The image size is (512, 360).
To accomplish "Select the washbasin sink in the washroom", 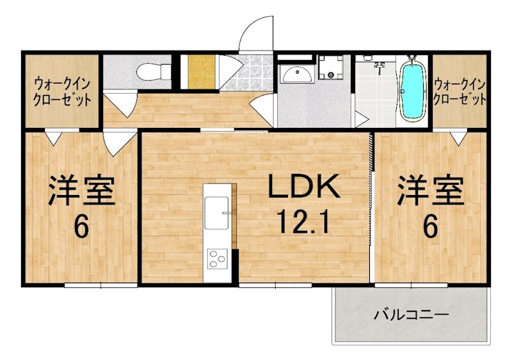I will (x=297, y=74).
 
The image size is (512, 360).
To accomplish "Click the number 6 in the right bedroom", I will (x=429, y=226).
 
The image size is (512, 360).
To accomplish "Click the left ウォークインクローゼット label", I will (x=61, y=91).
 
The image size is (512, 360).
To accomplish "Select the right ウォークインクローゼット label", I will (x=460, y=91).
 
